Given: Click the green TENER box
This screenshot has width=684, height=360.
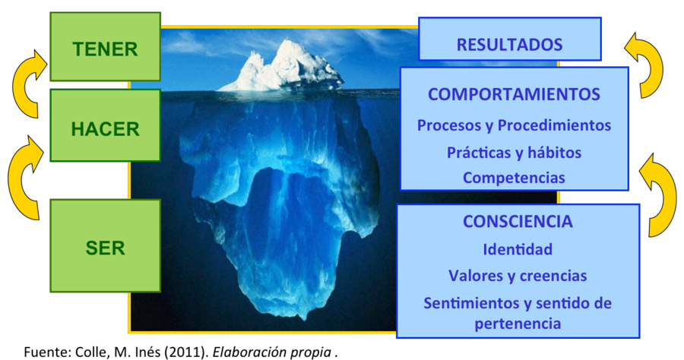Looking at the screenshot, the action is tap(105, 46).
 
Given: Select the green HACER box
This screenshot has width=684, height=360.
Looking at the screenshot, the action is tap(105, 125).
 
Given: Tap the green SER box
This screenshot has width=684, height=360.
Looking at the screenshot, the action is tap(105, 246).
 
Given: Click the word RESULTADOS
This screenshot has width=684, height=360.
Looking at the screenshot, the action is tap(509, 45).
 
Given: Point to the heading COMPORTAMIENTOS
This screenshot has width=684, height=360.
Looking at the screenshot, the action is tap(514, 94).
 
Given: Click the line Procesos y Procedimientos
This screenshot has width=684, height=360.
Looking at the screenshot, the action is tap(514, 125).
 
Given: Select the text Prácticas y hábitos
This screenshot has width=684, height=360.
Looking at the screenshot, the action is tap(514, 153).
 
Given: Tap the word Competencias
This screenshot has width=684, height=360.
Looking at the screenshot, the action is tap(514, 178).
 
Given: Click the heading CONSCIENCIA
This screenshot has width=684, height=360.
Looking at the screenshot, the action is tap(518, 222).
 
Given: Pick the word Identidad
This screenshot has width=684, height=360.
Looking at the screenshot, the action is tap(518, 249).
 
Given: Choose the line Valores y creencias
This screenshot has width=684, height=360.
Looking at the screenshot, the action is tap(518, 276).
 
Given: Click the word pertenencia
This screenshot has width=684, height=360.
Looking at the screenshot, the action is tap(518, 324).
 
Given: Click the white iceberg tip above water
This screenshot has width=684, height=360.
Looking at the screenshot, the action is tap(281, 68).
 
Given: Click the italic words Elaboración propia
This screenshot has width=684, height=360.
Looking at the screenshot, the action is tap(271, 352).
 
